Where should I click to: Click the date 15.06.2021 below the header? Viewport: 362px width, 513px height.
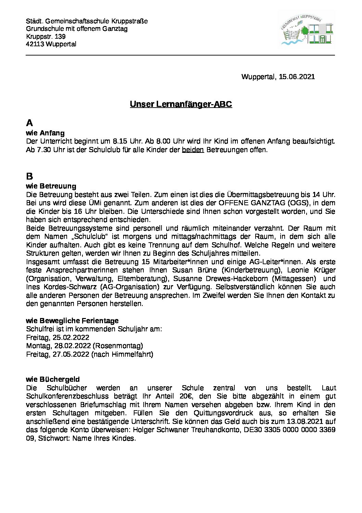tap(297, 77)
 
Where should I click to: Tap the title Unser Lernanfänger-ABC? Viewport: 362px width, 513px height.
tap(181, 104)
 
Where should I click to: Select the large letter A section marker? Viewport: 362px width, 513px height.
tap(29, 123)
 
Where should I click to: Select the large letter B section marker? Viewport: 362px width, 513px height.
tap(29, 176)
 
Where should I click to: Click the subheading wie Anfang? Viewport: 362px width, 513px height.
tap(45, 133)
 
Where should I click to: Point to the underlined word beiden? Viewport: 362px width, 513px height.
tap(193, 150)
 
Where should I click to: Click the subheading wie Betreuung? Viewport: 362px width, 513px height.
tap(51, 186)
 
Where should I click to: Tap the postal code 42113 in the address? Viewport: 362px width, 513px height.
tap(35, 44)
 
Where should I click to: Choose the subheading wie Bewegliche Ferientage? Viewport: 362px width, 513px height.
tap(72, 321)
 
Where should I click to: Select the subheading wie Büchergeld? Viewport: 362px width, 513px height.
tap(53, 379)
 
